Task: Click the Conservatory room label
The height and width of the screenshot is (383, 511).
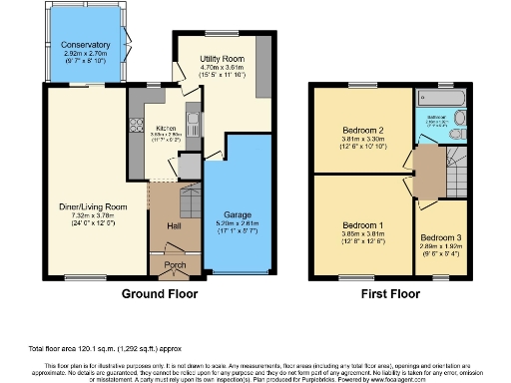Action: [84, 46]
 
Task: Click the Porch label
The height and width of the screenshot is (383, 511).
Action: [175, 265]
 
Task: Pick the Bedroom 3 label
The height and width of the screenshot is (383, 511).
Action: [438, 237]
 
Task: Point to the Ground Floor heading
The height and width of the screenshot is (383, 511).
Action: [160, 294]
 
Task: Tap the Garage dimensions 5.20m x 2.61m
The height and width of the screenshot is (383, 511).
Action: [238, 225]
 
